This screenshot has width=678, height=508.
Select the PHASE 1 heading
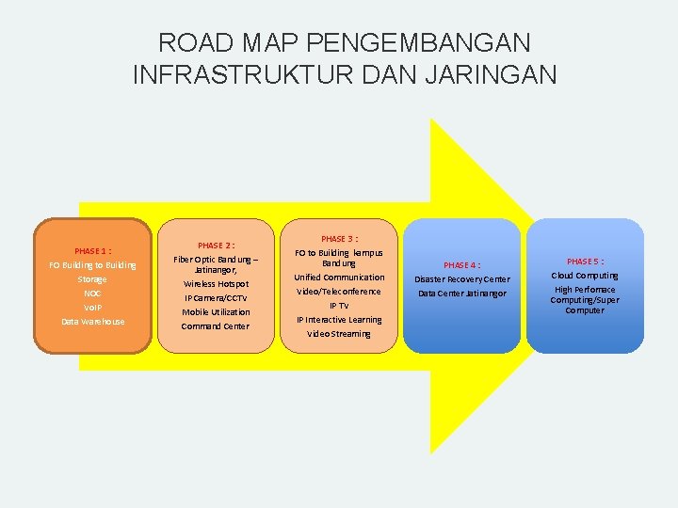coord(92,251)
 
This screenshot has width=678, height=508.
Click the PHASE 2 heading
coord(216,246)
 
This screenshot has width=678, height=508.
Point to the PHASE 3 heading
coord(339,239)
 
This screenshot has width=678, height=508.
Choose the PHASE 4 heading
coord(461,265)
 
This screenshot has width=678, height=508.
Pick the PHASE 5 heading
coord(585,261)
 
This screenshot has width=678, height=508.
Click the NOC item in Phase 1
coord(92,294)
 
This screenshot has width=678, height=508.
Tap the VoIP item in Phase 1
coord(92,308)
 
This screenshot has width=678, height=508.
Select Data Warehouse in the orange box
coord(92,322)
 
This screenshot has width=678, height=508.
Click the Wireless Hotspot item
coord(216,283)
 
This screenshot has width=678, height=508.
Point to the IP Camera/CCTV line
coord(216,297)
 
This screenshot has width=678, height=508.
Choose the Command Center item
coord(216,325)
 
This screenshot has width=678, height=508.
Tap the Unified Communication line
coord(339,278)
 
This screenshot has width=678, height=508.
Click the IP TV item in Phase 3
coord(339,306)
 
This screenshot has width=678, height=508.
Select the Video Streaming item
coord(339,334)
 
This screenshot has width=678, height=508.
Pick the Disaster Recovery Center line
coord(461,279)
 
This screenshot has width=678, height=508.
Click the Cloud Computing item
coord(585,276)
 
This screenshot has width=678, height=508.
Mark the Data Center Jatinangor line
coord(461,294)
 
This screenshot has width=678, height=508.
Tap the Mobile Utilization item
coord(216,311)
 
